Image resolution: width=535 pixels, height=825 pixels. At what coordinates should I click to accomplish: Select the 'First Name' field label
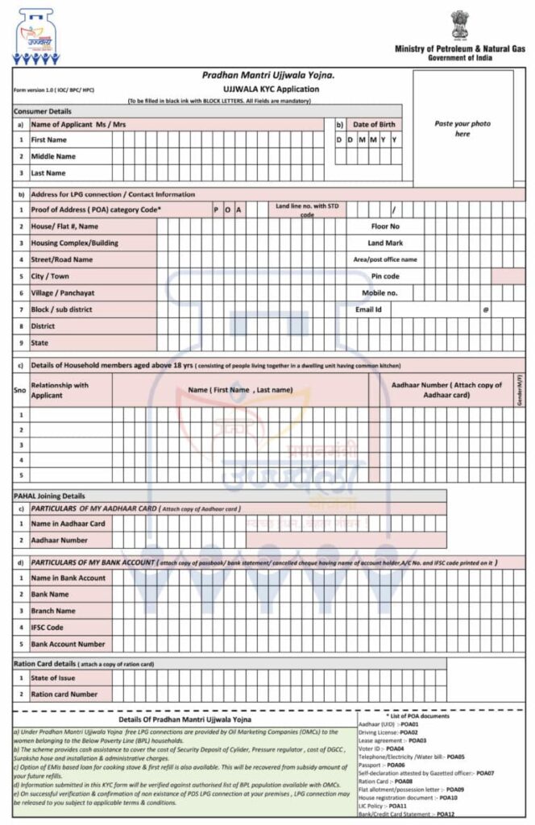click(48, 140)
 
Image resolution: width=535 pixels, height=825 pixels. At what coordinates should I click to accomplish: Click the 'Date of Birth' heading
click(376, 125)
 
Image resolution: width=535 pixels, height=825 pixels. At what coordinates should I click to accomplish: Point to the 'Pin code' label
click(385, 276)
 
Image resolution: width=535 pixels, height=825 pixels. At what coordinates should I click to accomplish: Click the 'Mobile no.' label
click(379, 293)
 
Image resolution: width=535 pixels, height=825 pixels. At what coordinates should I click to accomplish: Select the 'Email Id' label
click(368, 309)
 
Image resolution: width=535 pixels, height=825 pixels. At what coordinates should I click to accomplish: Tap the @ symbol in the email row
click(486, 309)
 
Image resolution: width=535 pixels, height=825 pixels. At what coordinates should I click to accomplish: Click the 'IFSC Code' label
click(47, 628)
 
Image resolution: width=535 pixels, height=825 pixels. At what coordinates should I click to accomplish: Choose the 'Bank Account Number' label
click(68, 645)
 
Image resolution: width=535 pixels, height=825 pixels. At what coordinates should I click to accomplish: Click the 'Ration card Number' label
click(64, 694)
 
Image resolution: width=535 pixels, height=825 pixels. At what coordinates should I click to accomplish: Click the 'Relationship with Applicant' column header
click(60, 391)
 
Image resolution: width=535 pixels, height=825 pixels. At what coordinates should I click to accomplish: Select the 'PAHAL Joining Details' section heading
click(49, 496)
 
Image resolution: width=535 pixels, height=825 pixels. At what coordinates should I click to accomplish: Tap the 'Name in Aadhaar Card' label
click(68, 524)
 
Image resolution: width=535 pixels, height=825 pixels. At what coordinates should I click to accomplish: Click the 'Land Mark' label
click(384, 243)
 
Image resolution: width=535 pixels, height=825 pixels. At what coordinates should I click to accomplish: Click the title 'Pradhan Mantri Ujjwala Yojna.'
click(268, 76)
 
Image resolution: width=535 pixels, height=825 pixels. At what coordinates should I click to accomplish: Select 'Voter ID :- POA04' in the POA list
click(381, 748)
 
